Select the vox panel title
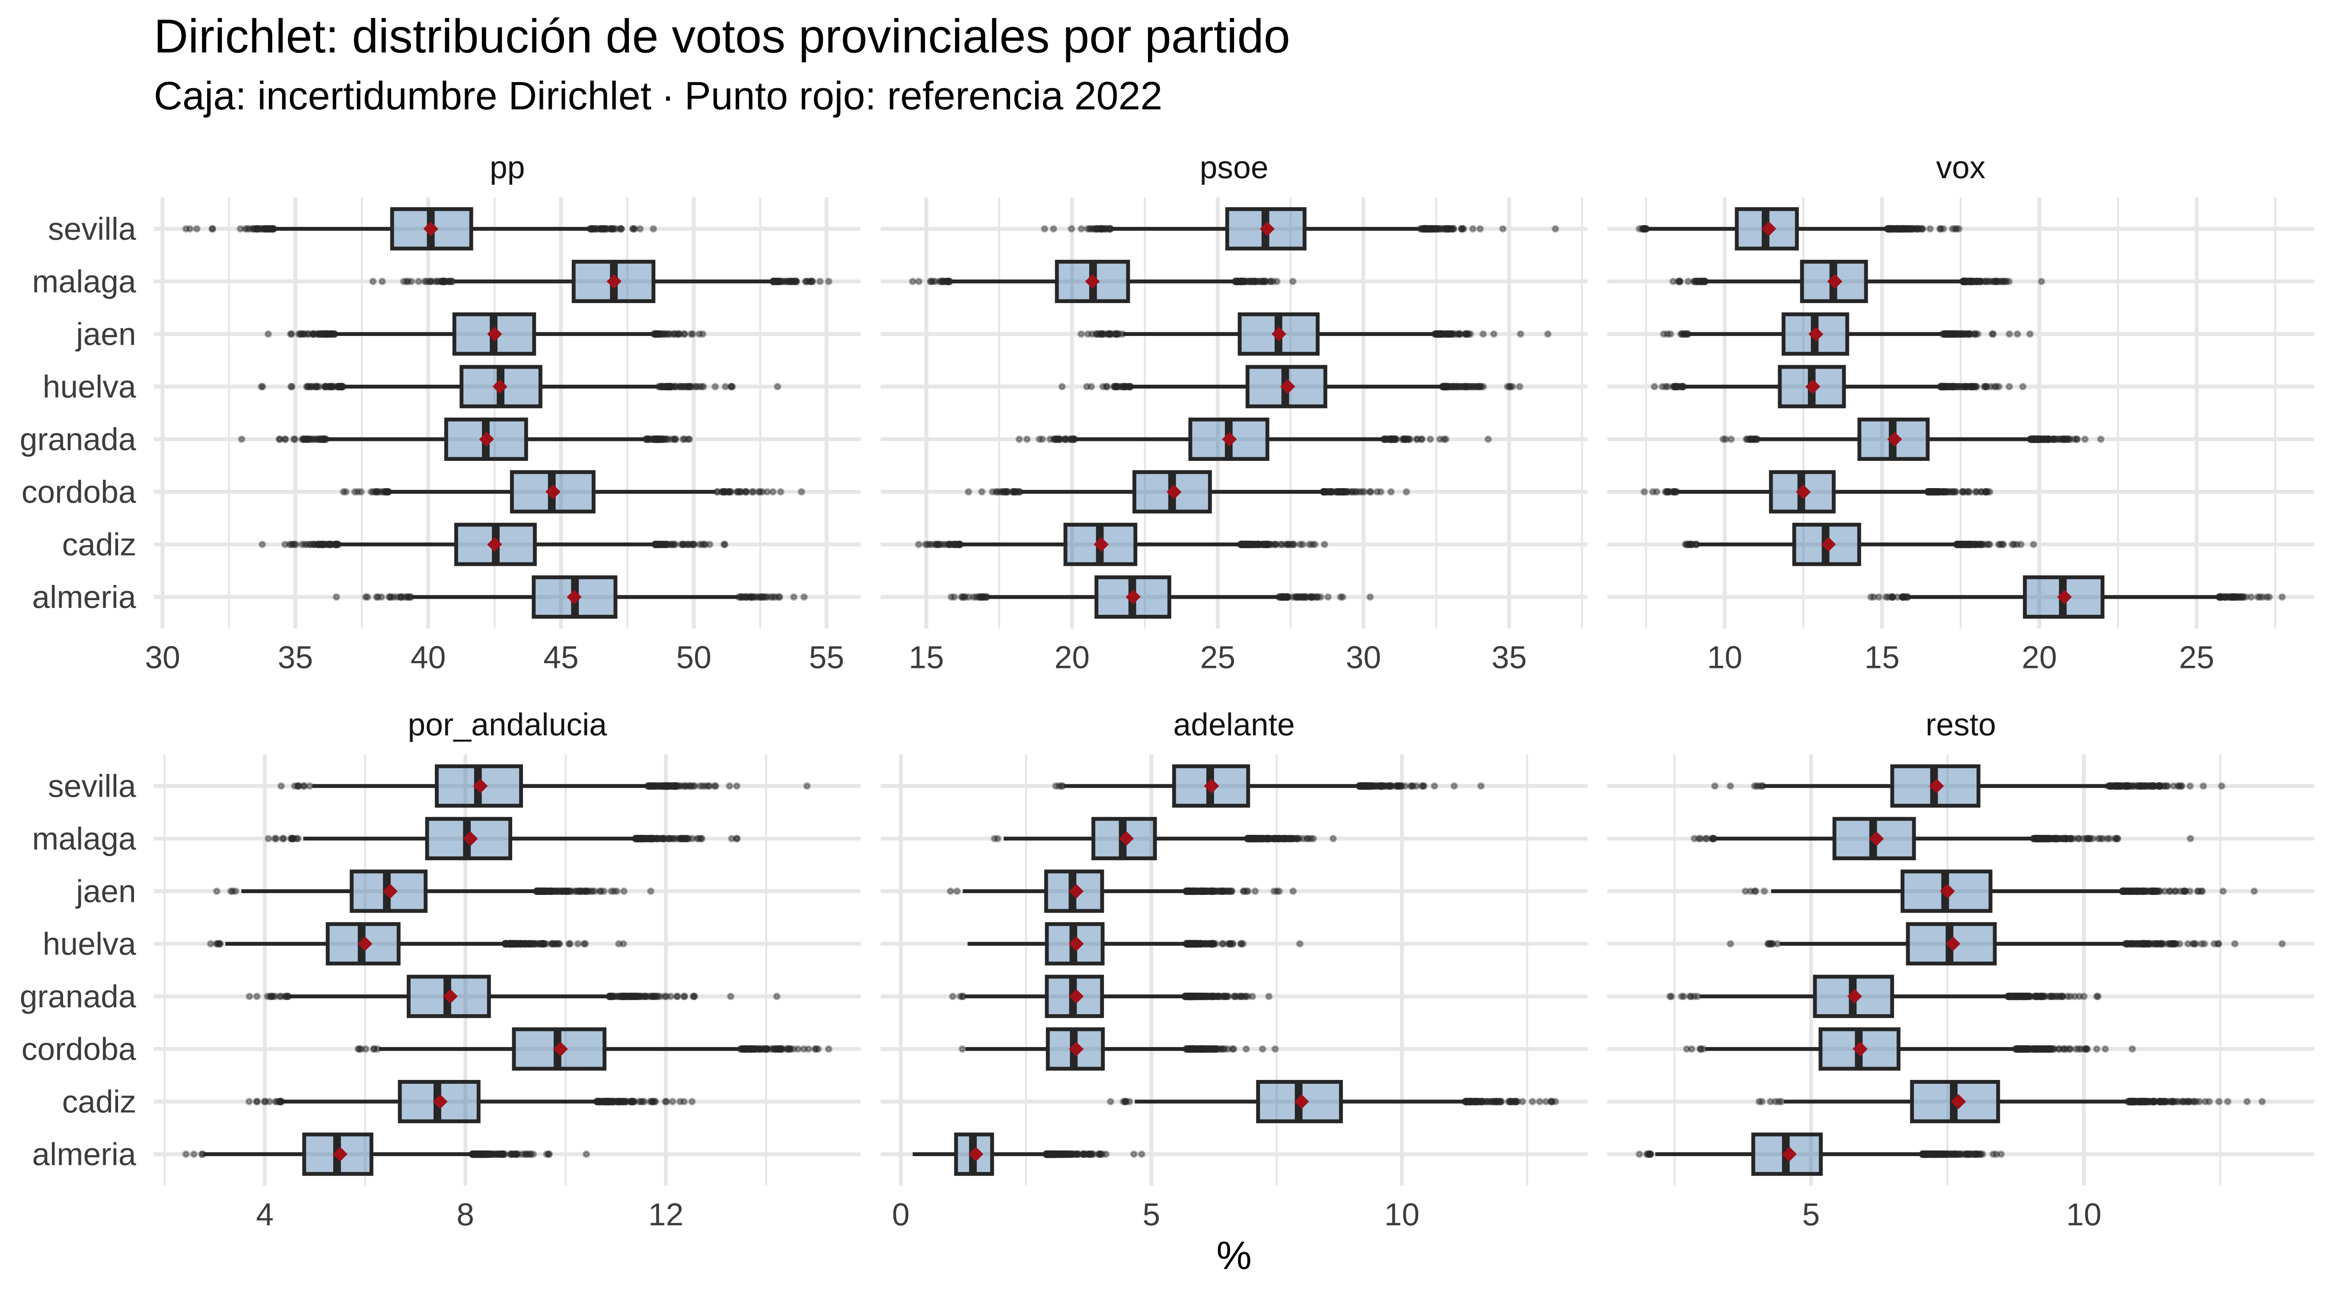coord(1960,169)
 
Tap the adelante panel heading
coord(1233,725)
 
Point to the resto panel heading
coord(1960,725)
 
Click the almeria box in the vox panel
coord(2063,597)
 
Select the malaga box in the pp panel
coord(613,282)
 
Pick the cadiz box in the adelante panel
coord(1298,1101)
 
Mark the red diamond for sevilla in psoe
coord(1267,229)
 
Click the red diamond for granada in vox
coord(1894,440)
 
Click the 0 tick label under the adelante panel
coord(900,1214)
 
